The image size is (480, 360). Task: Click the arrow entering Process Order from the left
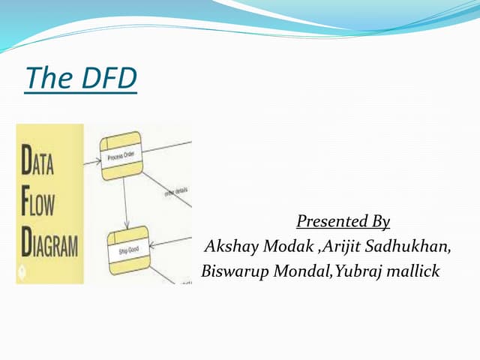93,160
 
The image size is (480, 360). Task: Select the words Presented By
343,221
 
